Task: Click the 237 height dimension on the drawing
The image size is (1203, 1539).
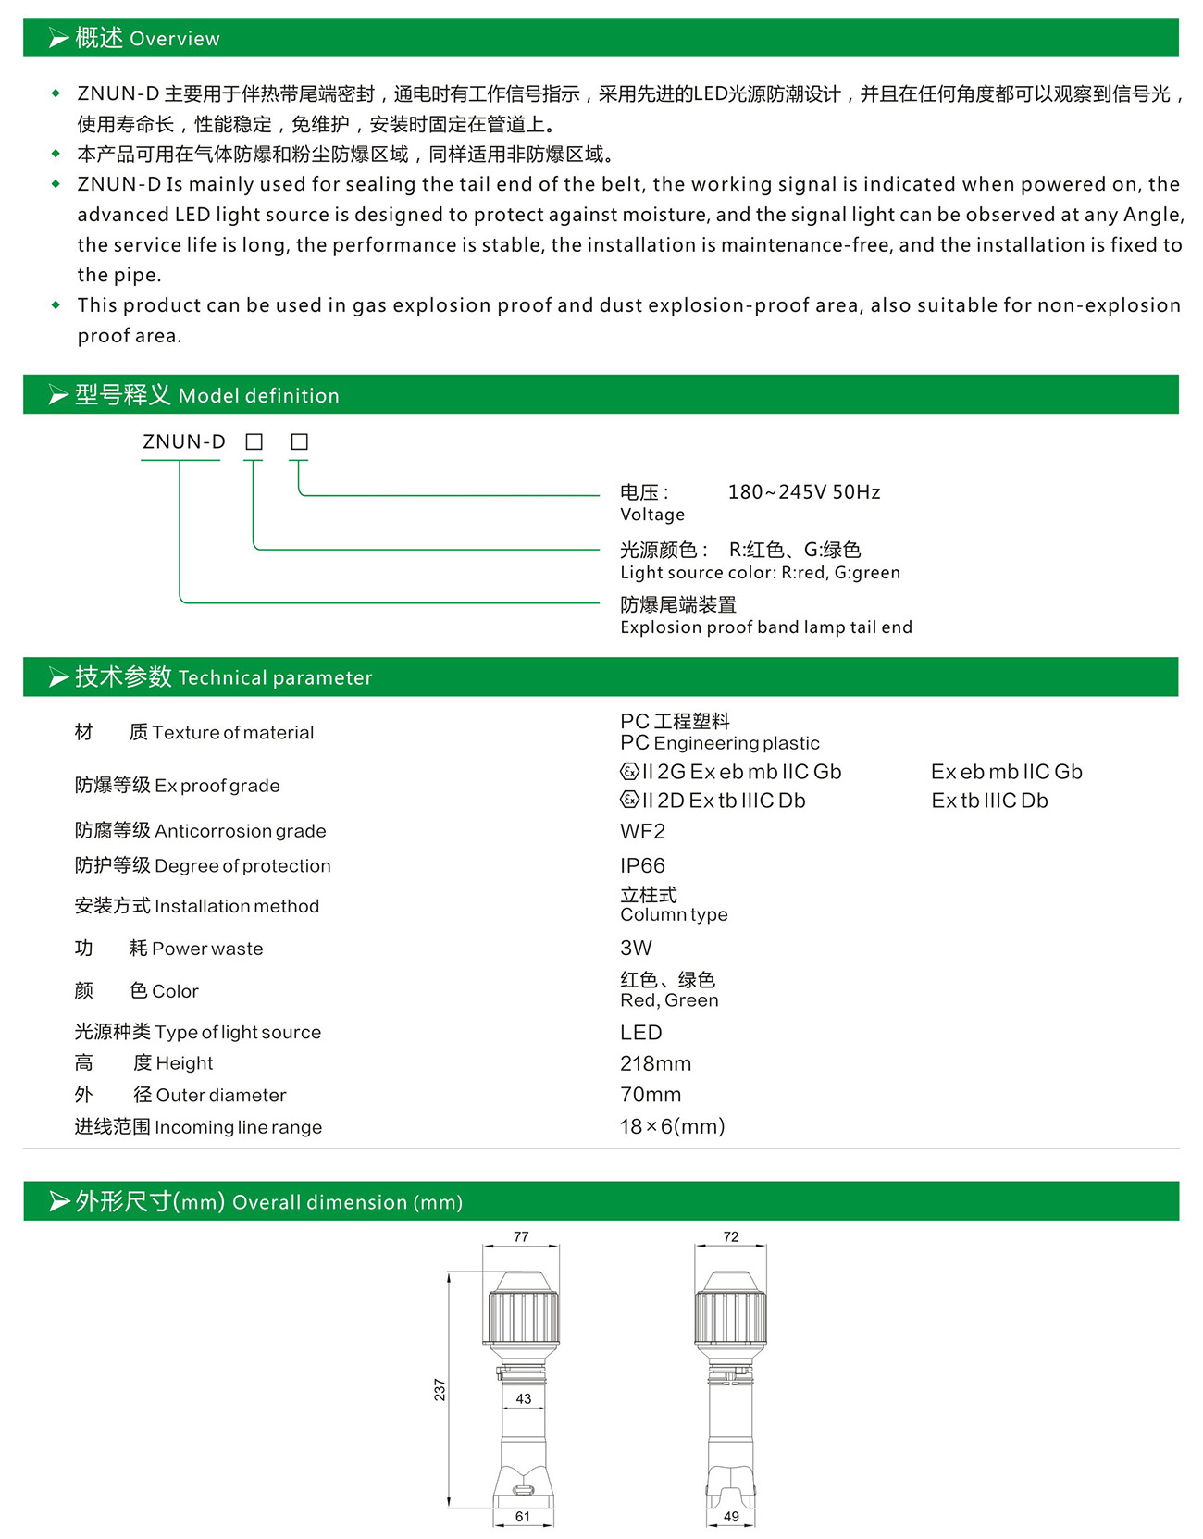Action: coord(440,1389)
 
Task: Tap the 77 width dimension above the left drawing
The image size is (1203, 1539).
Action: coord(521,1237)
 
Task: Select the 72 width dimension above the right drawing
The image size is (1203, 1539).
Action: coord(731,1237)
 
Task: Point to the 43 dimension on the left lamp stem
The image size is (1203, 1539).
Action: coord(524,1398)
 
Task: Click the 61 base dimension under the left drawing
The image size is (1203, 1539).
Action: coord(523,1516)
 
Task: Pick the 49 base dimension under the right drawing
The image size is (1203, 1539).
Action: coord(731,1516)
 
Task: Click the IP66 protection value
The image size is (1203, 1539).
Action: coord(642,865)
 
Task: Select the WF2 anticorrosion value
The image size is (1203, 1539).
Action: coord(642,831)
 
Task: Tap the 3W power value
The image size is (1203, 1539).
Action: coord(636,948)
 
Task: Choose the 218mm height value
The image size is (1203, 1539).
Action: coord(655,1063)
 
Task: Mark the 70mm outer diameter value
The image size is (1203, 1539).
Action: coord(651,1095)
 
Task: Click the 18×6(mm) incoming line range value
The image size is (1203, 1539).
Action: coord(672,1126)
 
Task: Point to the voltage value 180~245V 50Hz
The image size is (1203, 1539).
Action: coord(803,492)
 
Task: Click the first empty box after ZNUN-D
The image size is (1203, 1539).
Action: coord(254,442)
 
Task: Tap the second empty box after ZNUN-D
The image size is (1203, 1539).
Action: coord(299,442)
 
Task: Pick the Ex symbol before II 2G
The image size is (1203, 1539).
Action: coord(630,772)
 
